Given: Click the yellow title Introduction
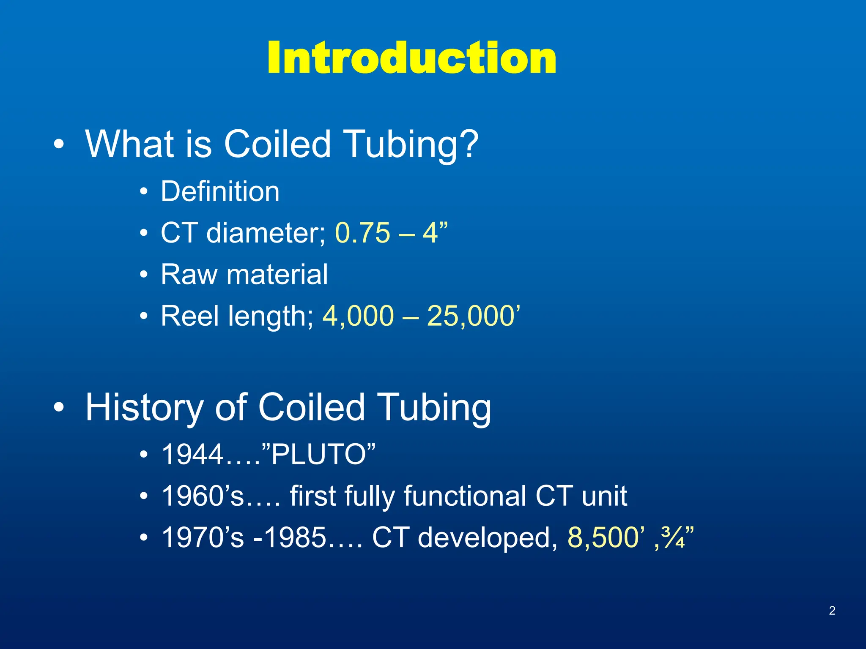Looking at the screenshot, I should click(411, 58).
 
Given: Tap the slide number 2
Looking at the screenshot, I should click(832, 611).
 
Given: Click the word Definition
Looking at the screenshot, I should click(220, 192).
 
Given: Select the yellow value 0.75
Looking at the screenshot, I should click(362, 233).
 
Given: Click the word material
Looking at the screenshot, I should click(277, 275).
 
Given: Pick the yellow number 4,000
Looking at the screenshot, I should click(358, 316).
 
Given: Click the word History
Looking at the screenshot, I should click(144, 407).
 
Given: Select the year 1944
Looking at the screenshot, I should click(192, 455).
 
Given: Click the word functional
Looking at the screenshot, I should click(465, 496).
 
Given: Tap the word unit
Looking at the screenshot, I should click(604, 496).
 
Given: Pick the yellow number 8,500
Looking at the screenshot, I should click(603, 537).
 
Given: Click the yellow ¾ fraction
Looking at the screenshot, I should click(673, 537).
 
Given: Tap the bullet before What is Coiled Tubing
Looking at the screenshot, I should click(59, 145).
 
